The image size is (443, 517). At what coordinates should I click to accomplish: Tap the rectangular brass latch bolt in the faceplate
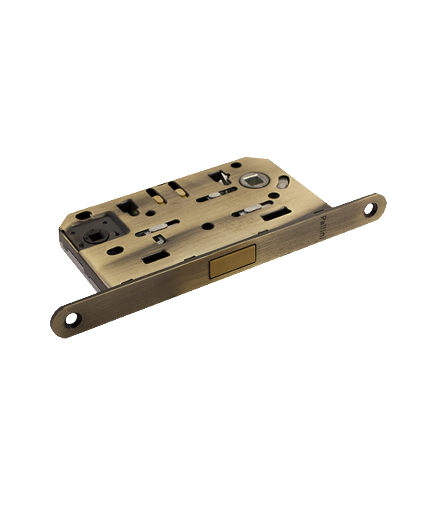(233, 261)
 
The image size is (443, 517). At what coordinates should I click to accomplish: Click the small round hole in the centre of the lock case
(208, 226)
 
